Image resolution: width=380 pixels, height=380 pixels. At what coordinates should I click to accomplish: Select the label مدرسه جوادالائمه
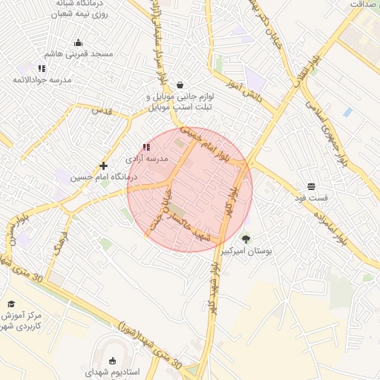tap(42, 79)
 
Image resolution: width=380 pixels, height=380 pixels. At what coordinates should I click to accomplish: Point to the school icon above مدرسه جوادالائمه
tap(42, 68)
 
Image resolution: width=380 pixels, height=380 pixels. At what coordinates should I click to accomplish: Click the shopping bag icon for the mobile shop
tap(180, 85)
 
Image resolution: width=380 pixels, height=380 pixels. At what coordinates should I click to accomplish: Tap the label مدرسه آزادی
tap(145, 159)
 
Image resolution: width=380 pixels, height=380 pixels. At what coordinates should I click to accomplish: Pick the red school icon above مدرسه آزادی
tap(145, 148)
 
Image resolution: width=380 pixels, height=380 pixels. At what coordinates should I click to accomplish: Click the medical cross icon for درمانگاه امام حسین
tap(103, 166)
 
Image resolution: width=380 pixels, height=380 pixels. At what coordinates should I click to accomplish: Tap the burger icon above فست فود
tap(311, 186)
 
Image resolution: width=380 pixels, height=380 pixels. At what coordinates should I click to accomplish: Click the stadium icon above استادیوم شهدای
tap(112, 361)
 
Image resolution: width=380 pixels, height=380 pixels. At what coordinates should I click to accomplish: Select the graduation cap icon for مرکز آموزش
tap(11, 304)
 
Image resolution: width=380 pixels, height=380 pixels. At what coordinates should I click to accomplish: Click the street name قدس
tap(101, 111)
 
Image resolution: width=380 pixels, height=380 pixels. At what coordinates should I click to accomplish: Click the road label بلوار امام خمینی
tap(215, 145)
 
